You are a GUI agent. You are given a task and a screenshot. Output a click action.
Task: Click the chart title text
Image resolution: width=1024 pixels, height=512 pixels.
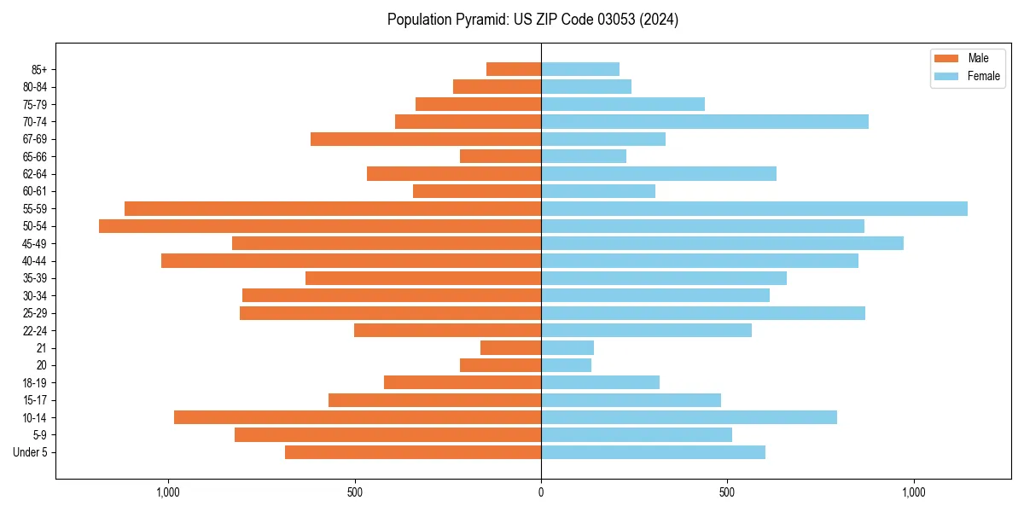[x=532, y=20]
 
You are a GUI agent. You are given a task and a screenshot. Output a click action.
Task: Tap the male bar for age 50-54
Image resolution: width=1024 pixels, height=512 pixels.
[x=320, y=226]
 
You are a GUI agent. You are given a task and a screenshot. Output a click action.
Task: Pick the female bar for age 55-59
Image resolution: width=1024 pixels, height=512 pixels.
[x=754, y=208]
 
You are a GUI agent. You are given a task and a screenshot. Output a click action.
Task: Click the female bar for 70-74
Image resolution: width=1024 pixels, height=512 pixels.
[x=705, y=121]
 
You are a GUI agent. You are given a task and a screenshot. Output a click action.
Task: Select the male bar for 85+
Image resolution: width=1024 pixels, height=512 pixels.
[x=514, y=69]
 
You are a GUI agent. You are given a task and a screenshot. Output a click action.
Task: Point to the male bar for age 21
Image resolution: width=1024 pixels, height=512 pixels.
[x=511, y=347]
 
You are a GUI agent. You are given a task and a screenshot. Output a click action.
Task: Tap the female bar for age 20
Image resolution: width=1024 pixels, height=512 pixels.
[x=567, y=365]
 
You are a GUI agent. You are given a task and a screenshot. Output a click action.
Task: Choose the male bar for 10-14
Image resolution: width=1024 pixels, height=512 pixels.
[x=358, y=417]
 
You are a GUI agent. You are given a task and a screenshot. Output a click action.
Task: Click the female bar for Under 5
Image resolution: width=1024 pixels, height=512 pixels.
[x=653, y=452]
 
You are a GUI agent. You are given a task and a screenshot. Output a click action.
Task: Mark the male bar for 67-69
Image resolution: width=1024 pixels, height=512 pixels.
[x=426, y=139]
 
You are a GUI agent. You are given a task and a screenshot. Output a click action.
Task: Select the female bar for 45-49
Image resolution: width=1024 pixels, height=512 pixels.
[x=722, y=243]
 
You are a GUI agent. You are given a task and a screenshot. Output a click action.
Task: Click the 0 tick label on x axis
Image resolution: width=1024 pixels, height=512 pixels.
[x=541, y=492]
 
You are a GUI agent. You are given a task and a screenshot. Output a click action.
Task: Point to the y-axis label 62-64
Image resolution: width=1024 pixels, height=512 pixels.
[x=35, y=174]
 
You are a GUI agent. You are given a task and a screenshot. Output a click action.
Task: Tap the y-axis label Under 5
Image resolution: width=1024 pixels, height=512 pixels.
[x=31, y=452]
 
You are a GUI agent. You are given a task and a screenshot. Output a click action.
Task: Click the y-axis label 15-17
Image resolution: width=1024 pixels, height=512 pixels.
[x=35, y=400]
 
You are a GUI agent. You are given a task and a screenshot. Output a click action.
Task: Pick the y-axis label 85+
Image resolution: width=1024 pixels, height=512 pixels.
[x=38, y=69]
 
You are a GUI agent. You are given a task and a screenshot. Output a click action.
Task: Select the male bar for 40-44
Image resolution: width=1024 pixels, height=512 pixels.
[x=351, y=260]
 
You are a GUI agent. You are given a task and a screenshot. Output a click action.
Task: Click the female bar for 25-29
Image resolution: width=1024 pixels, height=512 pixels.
[x=703, y=313]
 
